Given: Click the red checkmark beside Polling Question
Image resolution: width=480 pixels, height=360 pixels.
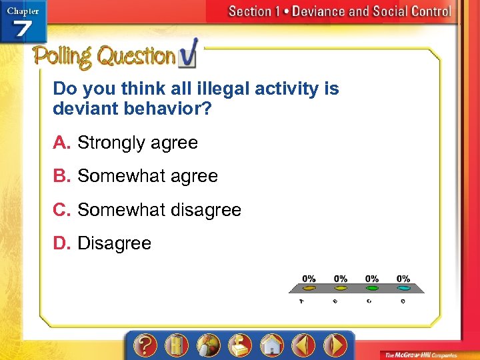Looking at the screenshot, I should coord(188,55).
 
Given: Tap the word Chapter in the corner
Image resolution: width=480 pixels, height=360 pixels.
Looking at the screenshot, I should coord(23,11).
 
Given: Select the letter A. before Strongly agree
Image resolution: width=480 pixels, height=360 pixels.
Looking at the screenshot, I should coord(62,143).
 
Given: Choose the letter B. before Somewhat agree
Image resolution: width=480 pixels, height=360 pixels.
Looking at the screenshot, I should coord(62,176).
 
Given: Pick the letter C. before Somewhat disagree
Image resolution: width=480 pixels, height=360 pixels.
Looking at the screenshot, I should coord(63,210).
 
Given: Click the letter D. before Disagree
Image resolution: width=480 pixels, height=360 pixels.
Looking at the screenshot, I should coord(62,243).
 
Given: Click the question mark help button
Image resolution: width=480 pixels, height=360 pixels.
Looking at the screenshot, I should coord(145,345).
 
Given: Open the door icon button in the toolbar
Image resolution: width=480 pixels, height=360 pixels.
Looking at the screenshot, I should coord(177,345).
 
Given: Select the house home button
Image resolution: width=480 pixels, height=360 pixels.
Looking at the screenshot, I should coord(271,345).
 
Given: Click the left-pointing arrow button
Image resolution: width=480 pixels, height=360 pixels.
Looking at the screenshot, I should coord(303,345).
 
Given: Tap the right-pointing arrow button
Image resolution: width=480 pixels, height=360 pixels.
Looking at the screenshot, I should coord(335,345).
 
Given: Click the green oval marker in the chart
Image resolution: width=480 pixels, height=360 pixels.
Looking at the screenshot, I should coord(372,289).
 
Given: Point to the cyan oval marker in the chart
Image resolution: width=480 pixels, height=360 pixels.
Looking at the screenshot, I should coord(403,289).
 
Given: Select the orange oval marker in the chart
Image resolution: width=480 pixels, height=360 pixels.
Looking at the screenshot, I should coord(309,289).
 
